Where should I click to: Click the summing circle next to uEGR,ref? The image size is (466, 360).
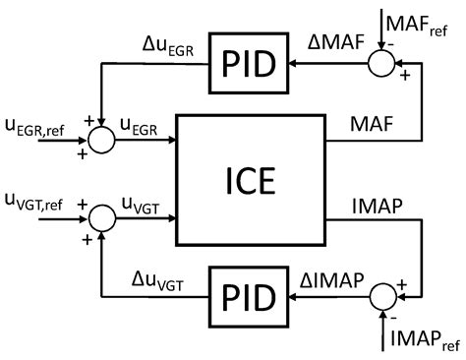(100, 140)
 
